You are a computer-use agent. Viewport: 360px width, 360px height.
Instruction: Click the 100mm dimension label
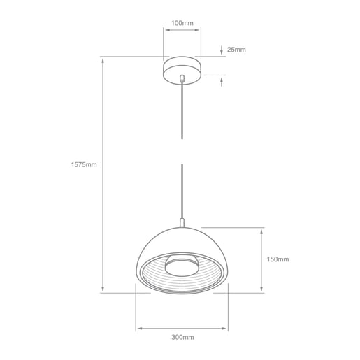[x=182, y=24]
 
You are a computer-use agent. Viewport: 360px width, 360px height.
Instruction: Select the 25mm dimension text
[x=237, y=50]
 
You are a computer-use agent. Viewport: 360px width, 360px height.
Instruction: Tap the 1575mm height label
[x=84, y=165]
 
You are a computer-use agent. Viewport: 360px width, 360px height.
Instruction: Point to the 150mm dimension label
[x=278, y=259]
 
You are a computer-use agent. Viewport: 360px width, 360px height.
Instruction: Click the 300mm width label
[x=182, y=338]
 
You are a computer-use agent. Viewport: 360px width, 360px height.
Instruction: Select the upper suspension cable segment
[x=182, y=112]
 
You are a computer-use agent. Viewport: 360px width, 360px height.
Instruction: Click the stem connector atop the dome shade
[x=182, y=223]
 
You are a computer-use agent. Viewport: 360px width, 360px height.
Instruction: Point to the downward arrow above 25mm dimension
[x=222, y=50]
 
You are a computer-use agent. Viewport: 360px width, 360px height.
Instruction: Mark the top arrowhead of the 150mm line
[x=261, y=231]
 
